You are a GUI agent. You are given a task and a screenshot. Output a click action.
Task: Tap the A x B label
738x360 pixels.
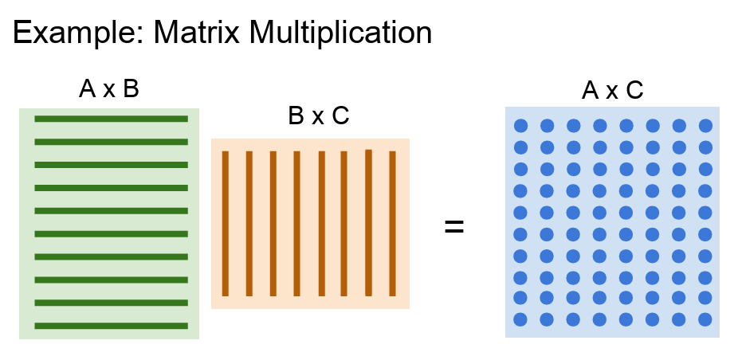coord(109,89)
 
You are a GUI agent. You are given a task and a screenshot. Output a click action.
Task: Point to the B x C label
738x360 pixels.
coord(318,116)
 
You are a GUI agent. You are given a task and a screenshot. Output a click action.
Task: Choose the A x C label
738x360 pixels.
coord(612,91)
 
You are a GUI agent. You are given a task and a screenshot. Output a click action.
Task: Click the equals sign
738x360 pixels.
coord(453,226)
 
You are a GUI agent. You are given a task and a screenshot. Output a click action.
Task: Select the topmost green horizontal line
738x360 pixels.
coord(111,119)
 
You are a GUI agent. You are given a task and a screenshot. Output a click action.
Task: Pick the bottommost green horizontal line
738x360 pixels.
coord(111,325)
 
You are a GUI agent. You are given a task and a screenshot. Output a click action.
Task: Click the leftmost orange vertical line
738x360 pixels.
coord(226,223)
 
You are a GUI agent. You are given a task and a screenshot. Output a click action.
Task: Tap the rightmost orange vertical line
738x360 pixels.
coord(392,223)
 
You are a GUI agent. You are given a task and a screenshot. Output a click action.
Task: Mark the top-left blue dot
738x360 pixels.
coord(520,126)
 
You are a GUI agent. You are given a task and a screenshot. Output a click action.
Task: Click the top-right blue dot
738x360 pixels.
coord(705,126)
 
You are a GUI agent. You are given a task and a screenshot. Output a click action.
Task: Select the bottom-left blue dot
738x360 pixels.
coord(520,319)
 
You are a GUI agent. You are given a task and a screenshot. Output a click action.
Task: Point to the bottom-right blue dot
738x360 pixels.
coord(705,319)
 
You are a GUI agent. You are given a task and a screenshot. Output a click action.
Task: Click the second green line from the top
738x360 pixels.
coord(111,142)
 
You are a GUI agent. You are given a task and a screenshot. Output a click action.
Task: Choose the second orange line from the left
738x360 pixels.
coord(249,223)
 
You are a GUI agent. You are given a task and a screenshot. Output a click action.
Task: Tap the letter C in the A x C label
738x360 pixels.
coord(634,91)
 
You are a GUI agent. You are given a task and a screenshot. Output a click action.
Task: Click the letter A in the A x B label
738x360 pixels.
coord(87,89)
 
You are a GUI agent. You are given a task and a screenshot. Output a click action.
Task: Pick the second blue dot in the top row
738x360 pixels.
coord(547,126)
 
